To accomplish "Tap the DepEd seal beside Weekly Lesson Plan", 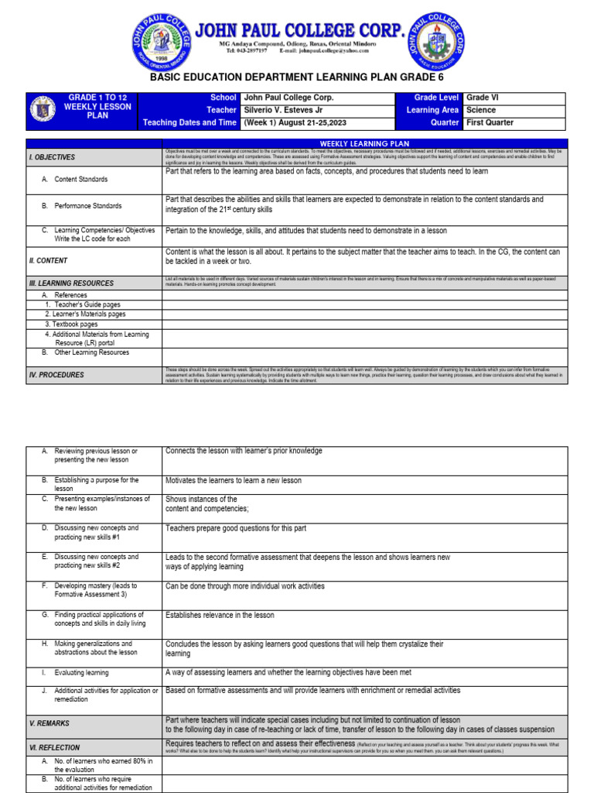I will pyautogui.click(x=43, y=112).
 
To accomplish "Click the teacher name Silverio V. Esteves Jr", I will pyautogui.click(x=286, y=110).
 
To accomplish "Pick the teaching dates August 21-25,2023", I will pyautogui.click(x=305, y=122).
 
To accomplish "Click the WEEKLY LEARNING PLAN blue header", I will pyautogui.click(x=364, y=143).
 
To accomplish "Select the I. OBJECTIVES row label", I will pyautogui.click(x=53, y=157).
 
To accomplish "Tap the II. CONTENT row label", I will pyautogui.click(x=48, y=261).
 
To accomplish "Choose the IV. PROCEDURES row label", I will pyautogui.click(x=56, y=375).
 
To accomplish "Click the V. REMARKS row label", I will pyautogui.click(x=49, y=723).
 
